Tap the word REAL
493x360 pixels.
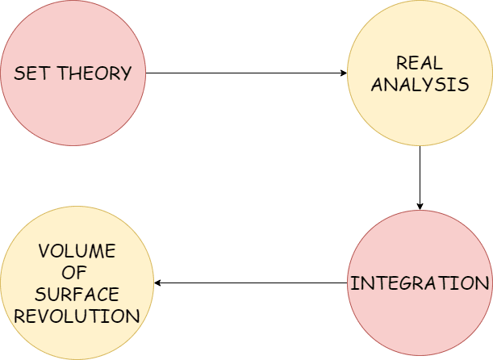coord(420,63)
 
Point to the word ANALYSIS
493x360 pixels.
coord(420,84)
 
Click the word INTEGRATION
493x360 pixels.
coord(420,284)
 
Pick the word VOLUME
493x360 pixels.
coord(77,251)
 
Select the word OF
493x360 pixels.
coord(77,272)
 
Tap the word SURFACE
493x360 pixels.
coord(77,293)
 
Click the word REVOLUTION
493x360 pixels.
coord(77,314)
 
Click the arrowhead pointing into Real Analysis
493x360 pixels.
coord(342,73)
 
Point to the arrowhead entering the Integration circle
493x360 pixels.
coord(420,206)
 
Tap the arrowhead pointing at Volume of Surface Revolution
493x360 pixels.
coord(158,283)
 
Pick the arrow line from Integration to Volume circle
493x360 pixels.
coord(250,283)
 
